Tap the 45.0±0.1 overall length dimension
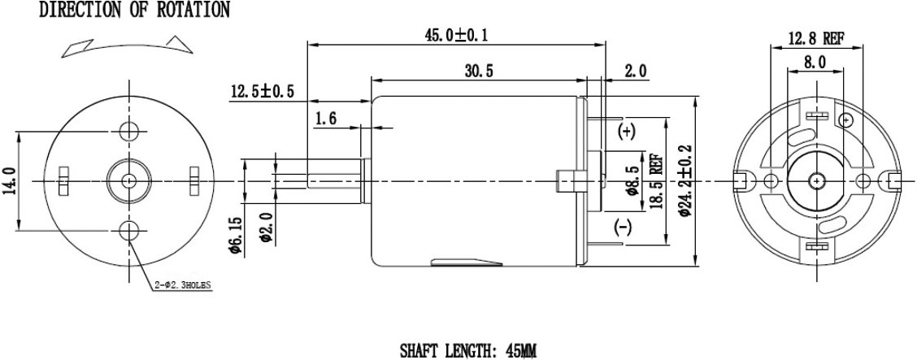point(462,35)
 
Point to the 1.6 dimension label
point(326,119)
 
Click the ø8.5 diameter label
point(630,180)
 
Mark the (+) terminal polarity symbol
point(627,131)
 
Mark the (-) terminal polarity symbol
point(624,227)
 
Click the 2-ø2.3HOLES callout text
point(183,285)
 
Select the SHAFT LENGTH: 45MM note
point(467,351)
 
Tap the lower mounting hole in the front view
point(128,231)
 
